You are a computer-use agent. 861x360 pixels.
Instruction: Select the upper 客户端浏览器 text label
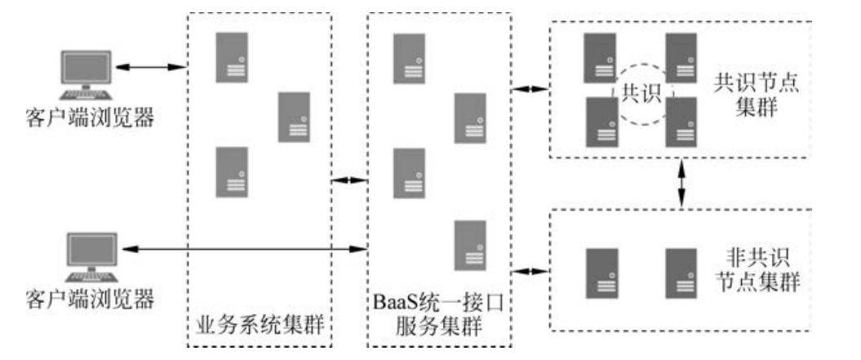pos(90,119)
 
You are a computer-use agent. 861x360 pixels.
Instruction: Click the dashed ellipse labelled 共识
pos(641,94)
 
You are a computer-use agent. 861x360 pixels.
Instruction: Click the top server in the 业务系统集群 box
pos(231,57)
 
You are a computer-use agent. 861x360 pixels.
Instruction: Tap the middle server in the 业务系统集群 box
pos(294,117)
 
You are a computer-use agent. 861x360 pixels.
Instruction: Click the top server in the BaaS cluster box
pos(409,59)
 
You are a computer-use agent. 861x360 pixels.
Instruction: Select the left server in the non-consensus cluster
pos(602,273)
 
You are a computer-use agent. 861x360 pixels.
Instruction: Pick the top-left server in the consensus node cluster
pos(600,57)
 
